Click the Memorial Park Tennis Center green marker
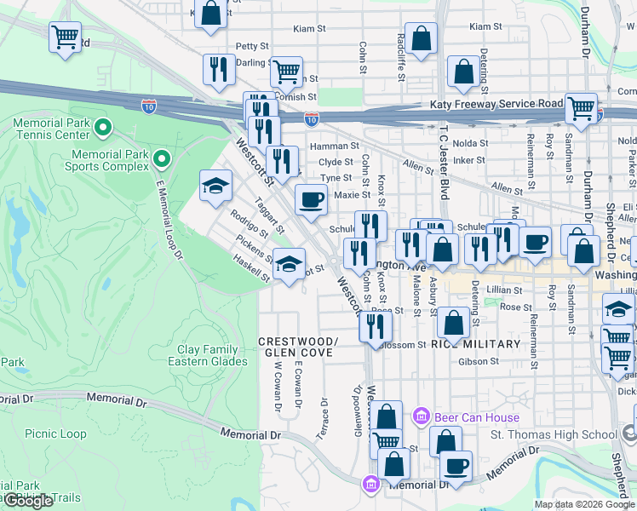(x=103, y=129)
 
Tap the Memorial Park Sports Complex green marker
(x=160, y=158)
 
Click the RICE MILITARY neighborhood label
(x=475, y=344)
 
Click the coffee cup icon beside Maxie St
(x=311, y=199)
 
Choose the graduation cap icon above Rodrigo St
(x=215, y=185)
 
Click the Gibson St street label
(x=479, y=362)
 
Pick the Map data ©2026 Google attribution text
(x=584, y=504)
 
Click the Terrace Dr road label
(x=324, y=412)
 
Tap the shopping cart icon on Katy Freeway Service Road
(x=581, y=108)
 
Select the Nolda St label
(x=470, y=143)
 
